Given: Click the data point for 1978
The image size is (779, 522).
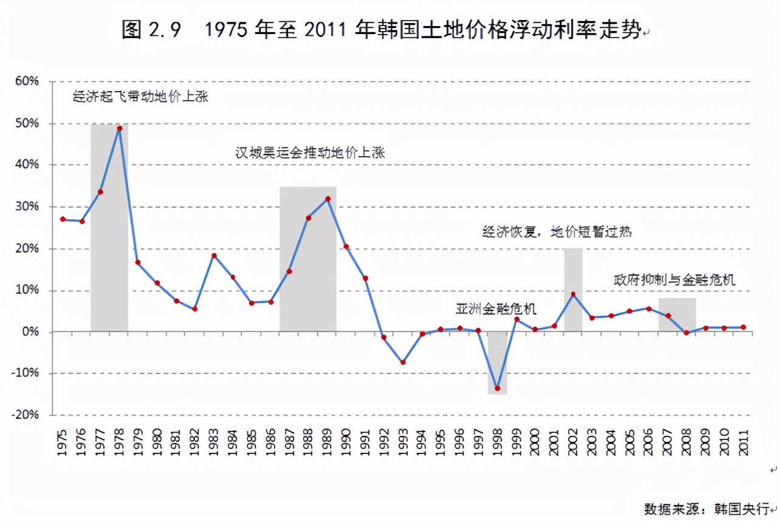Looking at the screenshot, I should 120,129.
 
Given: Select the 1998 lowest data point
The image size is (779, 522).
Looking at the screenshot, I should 498,388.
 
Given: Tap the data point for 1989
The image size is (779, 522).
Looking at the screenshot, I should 328,198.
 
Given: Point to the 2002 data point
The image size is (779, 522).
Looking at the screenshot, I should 573,294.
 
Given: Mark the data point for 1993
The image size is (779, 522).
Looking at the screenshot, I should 403,362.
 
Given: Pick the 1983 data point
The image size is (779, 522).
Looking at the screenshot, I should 214,256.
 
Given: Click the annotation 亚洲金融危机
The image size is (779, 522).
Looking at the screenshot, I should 496,309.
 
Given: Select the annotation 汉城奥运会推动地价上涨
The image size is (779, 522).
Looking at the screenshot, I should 311,152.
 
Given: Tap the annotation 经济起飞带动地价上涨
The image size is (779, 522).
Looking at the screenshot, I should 140,96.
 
